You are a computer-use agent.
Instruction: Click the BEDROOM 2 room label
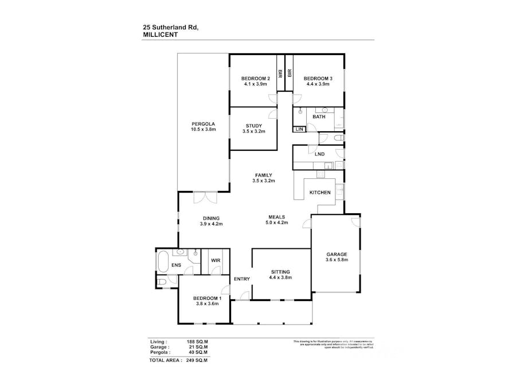click(255, 79)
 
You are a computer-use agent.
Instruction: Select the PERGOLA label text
click(203, 124)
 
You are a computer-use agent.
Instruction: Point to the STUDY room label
click(253, 126)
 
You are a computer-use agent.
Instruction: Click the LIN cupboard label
click(299, 130)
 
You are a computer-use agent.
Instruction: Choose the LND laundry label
click(319, 154)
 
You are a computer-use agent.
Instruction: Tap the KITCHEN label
click(320, 193)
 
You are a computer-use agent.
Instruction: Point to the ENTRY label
click(242, 279)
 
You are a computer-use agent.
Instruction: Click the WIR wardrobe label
click(216, 260)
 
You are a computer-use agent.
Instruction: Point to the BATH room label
click(319, 117)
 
